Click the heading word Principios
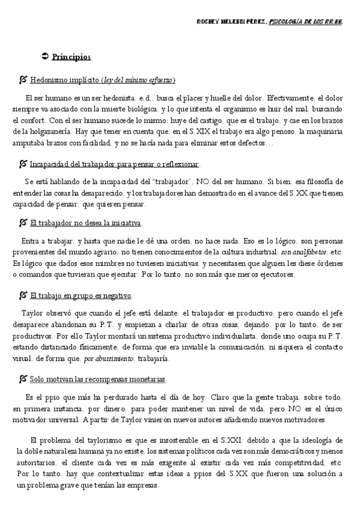(72, 57)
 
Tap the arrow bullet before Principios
(44, 57)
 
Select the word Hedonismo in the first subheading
(47, 80)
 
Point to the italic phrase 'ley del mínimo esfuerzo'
(138, 80)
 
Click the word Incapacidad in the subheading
(50, 164)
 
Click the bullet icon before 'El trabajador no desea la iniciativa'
(23, 223)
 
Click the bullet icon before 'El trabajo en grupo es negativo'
(23, 295)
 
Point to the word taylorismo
(88, 440)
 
